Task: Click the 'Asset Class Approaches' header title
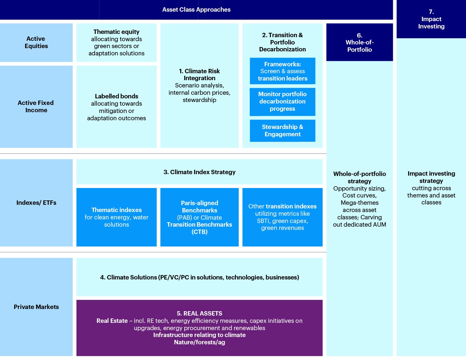pyautogui.click(x=196, y=10)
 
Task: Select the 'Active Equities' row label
pyautogui.click(x=36, y=42)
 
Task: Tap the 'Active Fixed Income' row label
pyautogui.click(x=36, y=106)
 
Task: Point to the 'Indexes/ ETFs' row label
pyautogui.click(x=36, y=203)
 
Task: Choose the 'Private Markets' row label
pyautogui.click(x=36, y=307)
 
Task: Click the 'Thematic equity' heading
pyautogui.click(x=116, y=32)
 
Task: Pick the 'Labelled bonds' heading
pyautogui.click(x=116, y=96)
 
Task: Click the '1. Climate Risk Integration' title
pyautogui.click(x=199, y=75)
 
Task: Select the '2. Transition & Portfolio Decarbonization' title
pyautogui.click(x=282, y=42)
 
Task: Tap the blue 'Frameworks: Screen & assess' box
pyautogui.click(x=282, y=71)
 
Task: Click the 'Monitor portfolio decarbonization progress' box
pyautogui.click(x=282, y=102)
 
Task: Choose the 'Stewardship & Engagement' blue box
pyautogui.click(x=282, y=130)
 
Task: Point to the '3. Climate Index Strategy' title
pyautogui.click(x=199, y=172)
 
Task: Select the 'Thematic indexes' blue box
pyautogui.click(x=116, y=217)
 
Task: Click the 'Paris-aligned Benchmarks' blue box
pyautogui.click(x=199, y=217)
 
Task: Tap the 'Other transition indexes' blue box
pyautogui.click(x=282, y=217)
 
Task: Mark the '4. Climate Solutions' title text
pyautogui.click(x=199, y=277)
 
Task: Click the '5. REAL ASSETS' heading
pyautogui.click(x=199, y=313)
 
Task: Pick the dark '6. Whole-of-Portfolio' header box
pyautogui.click(x=359, y=42)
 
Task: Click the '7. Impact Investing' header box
pyautogui.click(x=431, y=19)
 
